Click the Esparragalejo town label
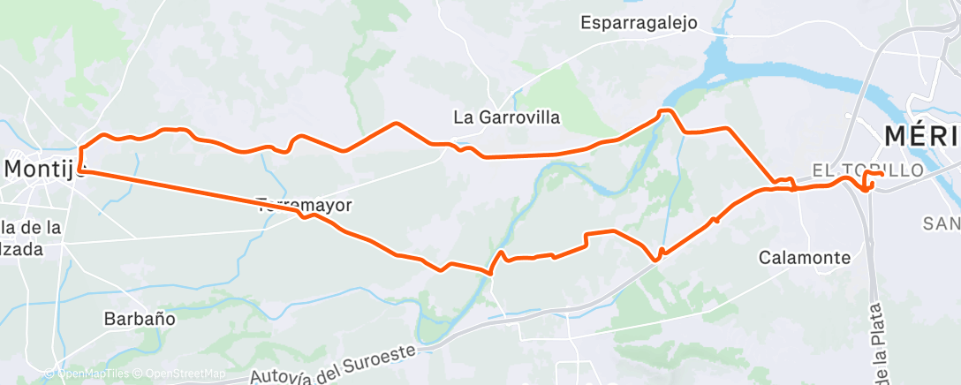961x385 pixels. (639, 23)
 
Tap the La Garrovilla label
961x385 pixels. (506, 117)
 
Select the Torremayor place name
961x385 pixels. (305, 205)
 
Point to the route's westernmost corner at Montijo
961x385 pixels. (80, 167)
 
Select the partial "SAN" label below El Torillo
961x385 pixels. (942, 223)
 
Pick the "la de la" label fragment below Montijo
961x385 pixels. (31, 228)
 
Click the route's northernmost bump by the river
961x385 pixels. (667, 110)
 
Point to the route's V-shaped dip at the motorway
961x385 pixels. (656, 259)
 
